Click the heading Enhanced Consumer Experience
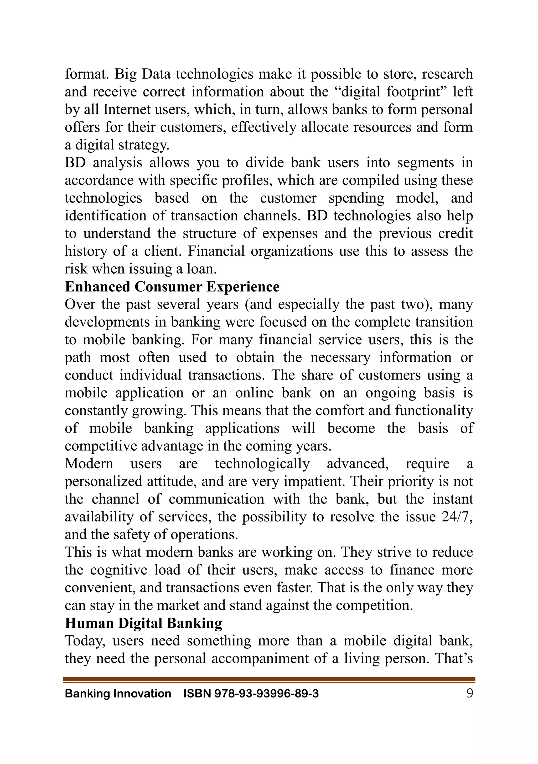tap(172, 287)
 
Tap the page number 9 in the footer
tap(469, 693)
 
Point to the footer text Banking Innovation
tap(118, 694)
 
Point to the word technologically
tap(262, 464)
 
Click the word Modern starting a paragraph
tap(89, 464)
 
